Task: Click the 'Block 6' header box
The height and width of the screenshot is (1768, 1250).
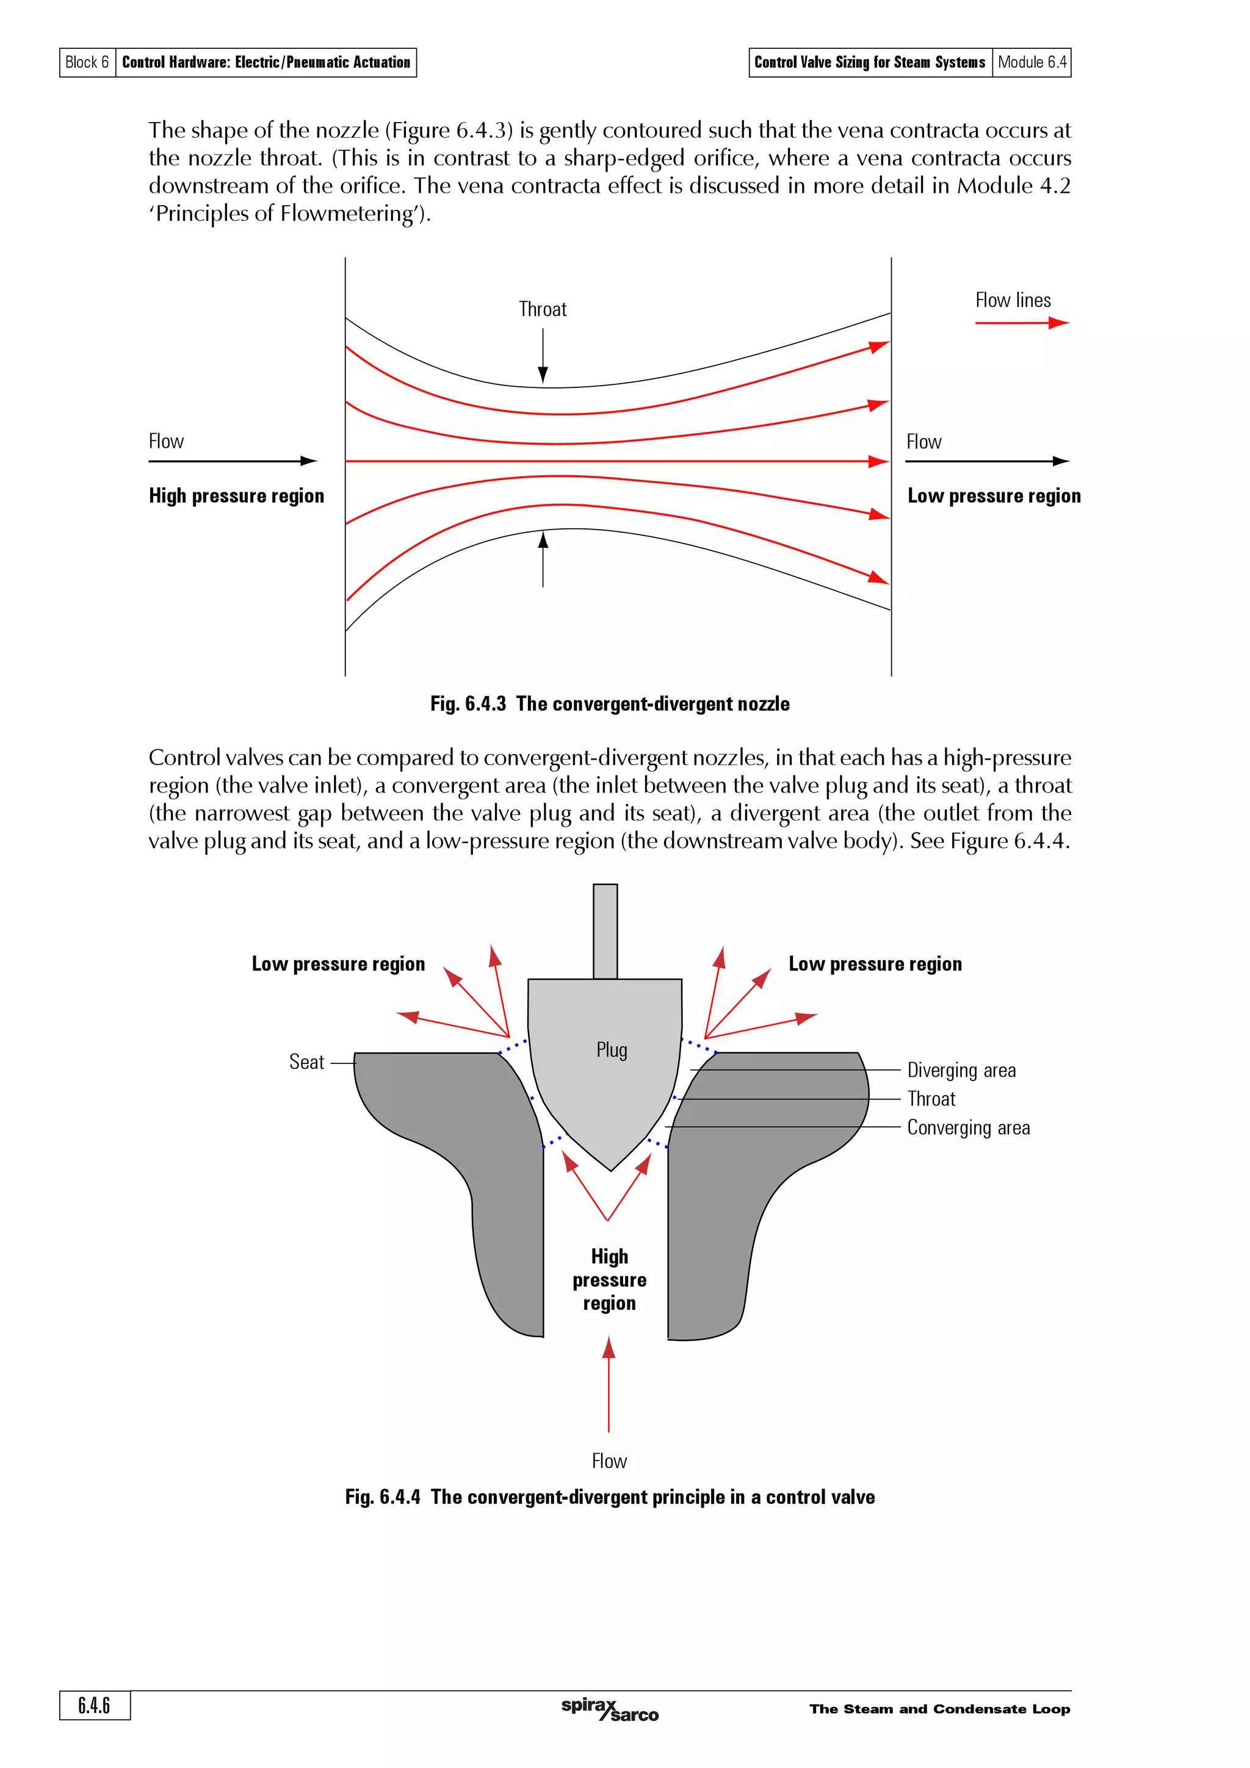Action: pos(87,62)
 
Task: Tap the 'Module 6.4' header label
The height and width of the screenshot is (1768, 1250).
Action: pos(1031,62)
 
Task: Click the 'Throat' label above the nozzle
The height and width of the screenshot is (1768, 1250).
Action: pos(542,309)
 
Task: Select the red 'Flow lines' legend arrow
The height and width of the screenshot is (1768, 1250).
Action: pos(1021,323)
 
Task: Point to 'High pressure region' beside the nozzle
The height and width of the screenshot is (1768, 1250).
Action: pos(236,496)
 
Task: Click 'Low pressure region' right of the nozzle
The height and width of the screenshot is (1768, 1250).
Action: pos(994,496)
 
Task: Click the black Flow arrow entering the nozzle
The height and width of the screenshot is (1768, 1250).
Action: pos(232,461)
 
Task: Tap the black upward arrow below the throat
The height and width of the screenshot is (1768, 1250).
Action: pos(543,558)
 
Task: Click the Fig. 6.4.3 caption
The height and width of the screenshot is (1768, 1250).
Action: pos(609,704)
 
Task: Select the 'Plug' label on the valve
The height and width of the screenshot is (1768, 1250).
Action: pos(612,1051)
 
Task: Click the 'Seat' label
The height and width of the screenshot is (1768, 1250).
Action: pos(306,1063)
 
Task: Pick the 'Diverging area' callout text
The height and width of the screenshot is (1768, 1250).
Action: pos(961,1070)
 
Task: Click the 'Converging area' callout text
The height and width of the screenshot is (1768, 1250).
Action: pos(968,1128)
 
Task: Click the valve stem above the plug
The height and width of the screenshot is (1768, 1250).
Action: pos(605,931)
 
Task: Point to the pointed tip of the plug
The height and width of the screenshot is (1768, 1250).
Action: pos(611,1169)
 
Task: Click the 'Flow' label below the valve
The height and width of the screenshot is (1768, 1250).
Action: pos(609,1462)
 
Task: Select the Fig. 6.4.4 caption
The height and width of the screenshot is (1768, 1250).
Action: pos(609,1497)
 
